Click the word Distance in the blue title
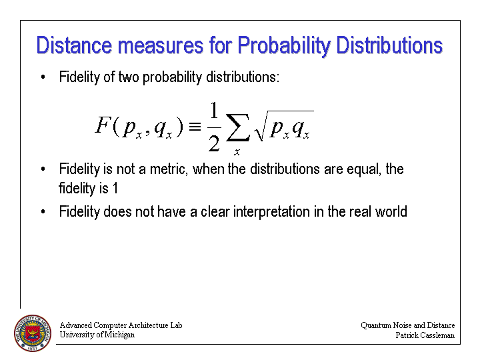75,45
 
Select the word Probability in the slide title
284,46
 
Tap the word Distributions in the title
389,45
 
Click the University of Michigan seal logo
33,333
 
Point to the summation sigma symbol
237,127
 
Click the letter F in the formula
102,125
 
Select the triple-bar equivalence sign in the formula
195,127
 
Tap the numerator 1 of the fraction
214,110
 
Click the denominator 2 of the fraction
214,143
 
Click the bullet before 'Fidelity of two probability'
43,77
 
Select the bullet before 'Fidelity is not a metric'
43,169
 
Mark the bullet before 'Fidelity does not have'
43,211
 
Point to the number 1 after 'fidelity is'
115,188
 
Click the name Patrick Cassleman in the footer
425,335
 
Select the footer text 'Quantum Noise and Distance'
408,325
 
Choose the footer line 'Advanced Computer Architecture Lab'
121,325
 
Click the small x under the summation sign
237,151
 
